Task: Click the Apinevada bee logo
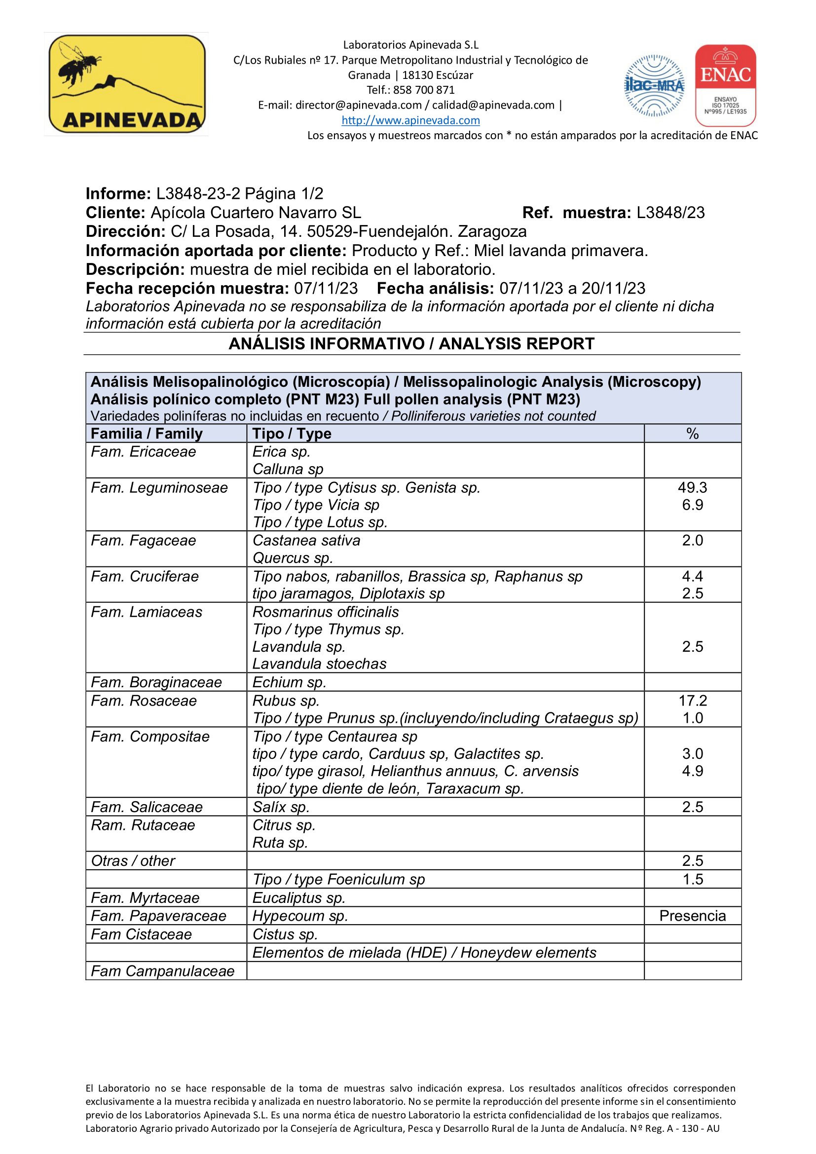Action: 127,84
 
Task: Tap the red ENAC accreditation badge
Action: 725,85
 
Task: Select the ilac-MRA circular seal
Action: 654,85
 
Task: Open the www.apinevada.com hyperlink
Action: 410,120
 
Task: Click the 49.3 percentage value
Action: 692,487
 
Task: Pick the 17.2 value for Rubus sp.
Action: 692,701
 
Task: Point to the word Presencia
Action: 692,916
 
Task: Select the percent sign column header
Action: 692,434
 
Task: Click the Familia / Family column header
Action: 147,434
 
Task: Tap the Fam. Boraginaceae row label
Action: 156,682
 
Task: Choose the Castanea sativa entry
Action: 306,540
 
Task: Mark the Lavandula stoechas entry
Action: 319,664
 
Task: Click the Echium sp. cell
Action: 289,682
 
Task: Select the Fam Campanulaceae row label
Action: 162,971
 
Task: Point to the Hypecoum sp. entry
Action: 300,916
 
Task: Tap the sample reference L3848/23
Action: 670,213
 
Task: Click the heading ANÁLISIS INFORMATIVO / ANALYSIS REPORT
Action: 411,344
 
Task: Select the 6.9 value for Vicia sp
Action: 692,505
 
